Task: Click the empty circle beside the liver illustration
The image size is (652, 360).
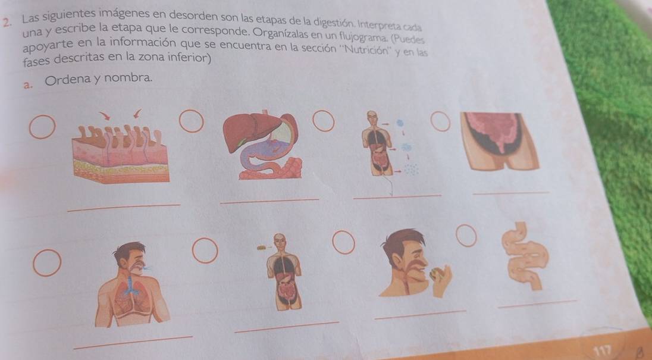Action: [x=192, y=121]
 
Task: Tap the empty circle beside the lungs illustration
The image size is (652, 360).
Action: [x=47, y=263]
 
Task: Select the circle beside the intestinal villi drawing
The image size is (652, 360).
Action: [x=42, y=127]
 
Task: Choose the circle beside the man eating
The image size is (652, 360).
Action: [x=344, y=242]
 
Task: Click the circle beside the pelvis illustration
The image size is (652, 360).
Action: [x=440, y=121]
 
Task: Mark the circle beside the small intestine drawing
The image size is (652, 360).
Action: [x=466, y=235]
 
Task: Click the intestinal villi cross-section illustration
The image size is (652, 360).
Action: [x=121, y=154]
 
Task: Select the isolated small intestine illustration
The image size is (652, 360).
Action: [x=525, y=256]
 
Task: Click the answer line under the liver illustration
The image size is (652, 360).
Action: [x=269, y=201]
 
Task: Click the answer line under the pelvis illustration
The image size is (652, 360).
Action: [x=511, y=192]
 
